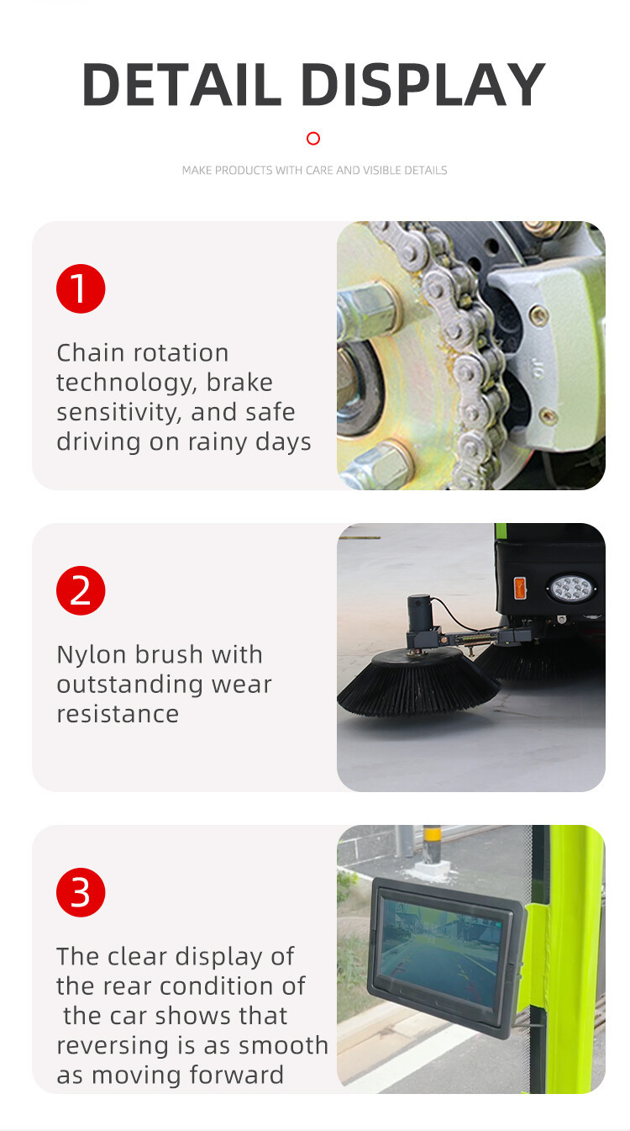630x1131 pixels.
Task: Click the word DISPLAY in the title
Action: tap(423, 84)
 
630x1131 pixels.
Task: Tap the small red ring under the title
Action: tap(313, 139)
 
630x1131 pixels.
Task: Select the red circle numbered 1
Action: tap(81, 288)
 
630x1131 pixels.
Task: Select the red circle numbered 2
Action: tap(81, 591)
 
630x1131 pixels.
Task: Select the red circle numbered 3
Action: tap(81, 893)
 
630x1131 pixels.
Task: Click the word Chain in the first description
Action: tap(91, 352)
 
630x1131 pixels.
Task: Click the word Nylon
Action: tap(92, 655)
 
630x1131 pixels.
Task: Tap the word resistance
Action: tap(118, 714)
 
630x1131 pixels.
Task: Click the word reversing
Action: tap(112, 1046)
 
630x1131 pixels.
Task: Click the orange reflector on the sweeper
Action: tap(520, 588)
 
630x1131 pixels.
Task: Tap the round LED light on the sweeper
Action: tap(571, 589)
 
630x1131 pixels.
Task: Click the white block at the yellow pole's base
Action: tap(432, 868)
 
